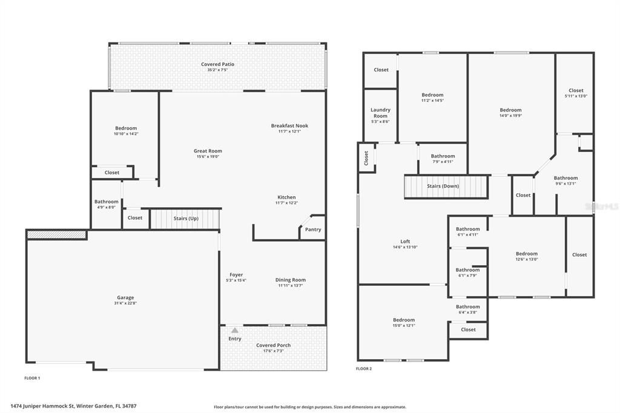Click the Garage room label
pyautogui.click(x=125, y=298)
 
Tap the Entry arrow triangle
pyautogui.click(x=235, y=331)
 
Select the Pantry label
pyautogui.click(x=313, y=230)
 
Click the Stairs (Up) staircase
pyautogui.click(x=185, y=219)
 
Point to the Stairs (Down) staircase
pyautogui.click(x=446, y=187)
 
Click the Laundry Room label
pyautogui.click(x=380, y=113)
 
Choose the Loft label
pyautogui.click(x=405, y=242)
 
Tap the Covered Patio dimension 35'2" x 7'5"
pyautogui.click(x=217, y=70)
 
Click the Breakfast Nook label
pyautogui.click(x=289, y=126)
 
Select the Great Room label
pyautogui.click(x=208, y=151)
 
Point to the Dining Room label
pyautogui.click(x=291, y=280)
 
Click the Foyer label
pyautogui.click(x=236, y=275)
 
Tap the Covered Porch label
pyautogui.click(x=273, y=345)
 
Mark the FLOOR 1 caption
pyautogui.click(x=32, y=378)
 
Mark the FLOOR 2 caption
pyautogui.click(x=364, y=368)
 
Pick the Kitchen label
pyautogui.click(x=286, y=197)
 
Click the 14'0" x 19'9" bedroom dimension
pyautogui.click(x=510, y=116)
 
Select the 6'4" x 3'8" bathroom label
pyautogui.click(x=467, y=312)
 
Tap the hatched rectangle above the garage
pyautogui.click(x=57, y=234)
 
